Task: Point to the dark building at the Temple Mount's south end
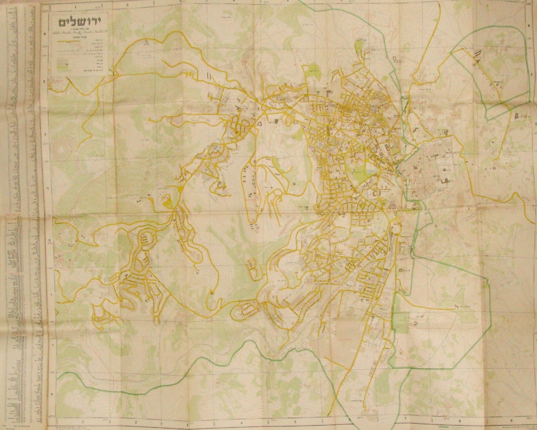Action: coord(446,181)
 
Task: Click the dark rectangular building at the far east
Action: coord(517,116)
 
